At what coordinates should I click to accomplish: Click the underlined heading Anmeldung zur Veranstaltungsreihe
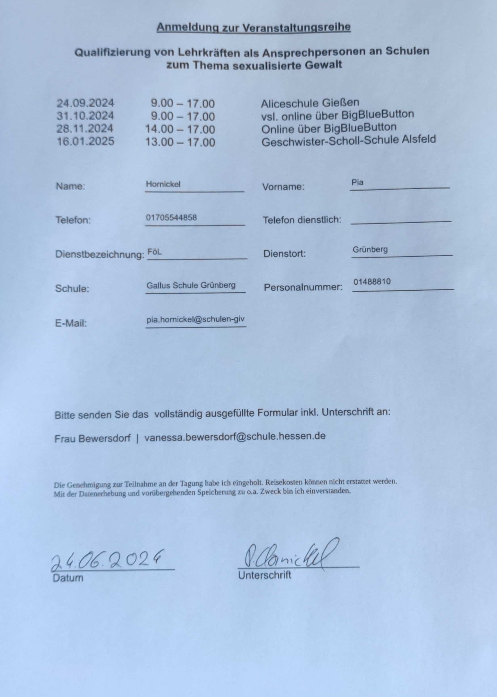[x=253, y=28]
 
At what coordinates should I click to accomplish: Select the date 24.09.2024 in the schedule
[x=85, y=103]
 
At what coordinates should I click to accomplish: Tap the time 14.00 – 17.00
[x=180, y=129]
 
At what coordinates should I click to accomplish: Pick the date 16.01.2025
[x=85, y=141]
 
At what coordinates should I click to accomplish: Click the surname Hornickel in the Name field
[x=163, y=184]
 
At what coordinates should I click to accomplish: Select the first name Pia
[x=357, y=183]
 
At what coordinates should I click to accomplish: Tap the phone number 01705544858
[x=171, y=218]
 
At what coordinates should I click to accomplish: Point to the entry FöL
[x=155, y=252]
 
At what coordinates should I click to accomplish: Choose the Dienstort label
[x=284, y=254]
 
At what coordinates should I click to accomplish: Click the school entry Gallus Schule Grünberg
[x=191, y=285]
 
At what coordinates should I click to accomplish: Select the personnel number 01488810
[x=372, y=281]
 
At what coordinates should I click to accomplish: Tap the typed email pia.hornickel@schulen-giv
[x=195, y=320]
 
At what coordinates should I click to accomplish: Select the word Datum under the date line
[x=68, y=578]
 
